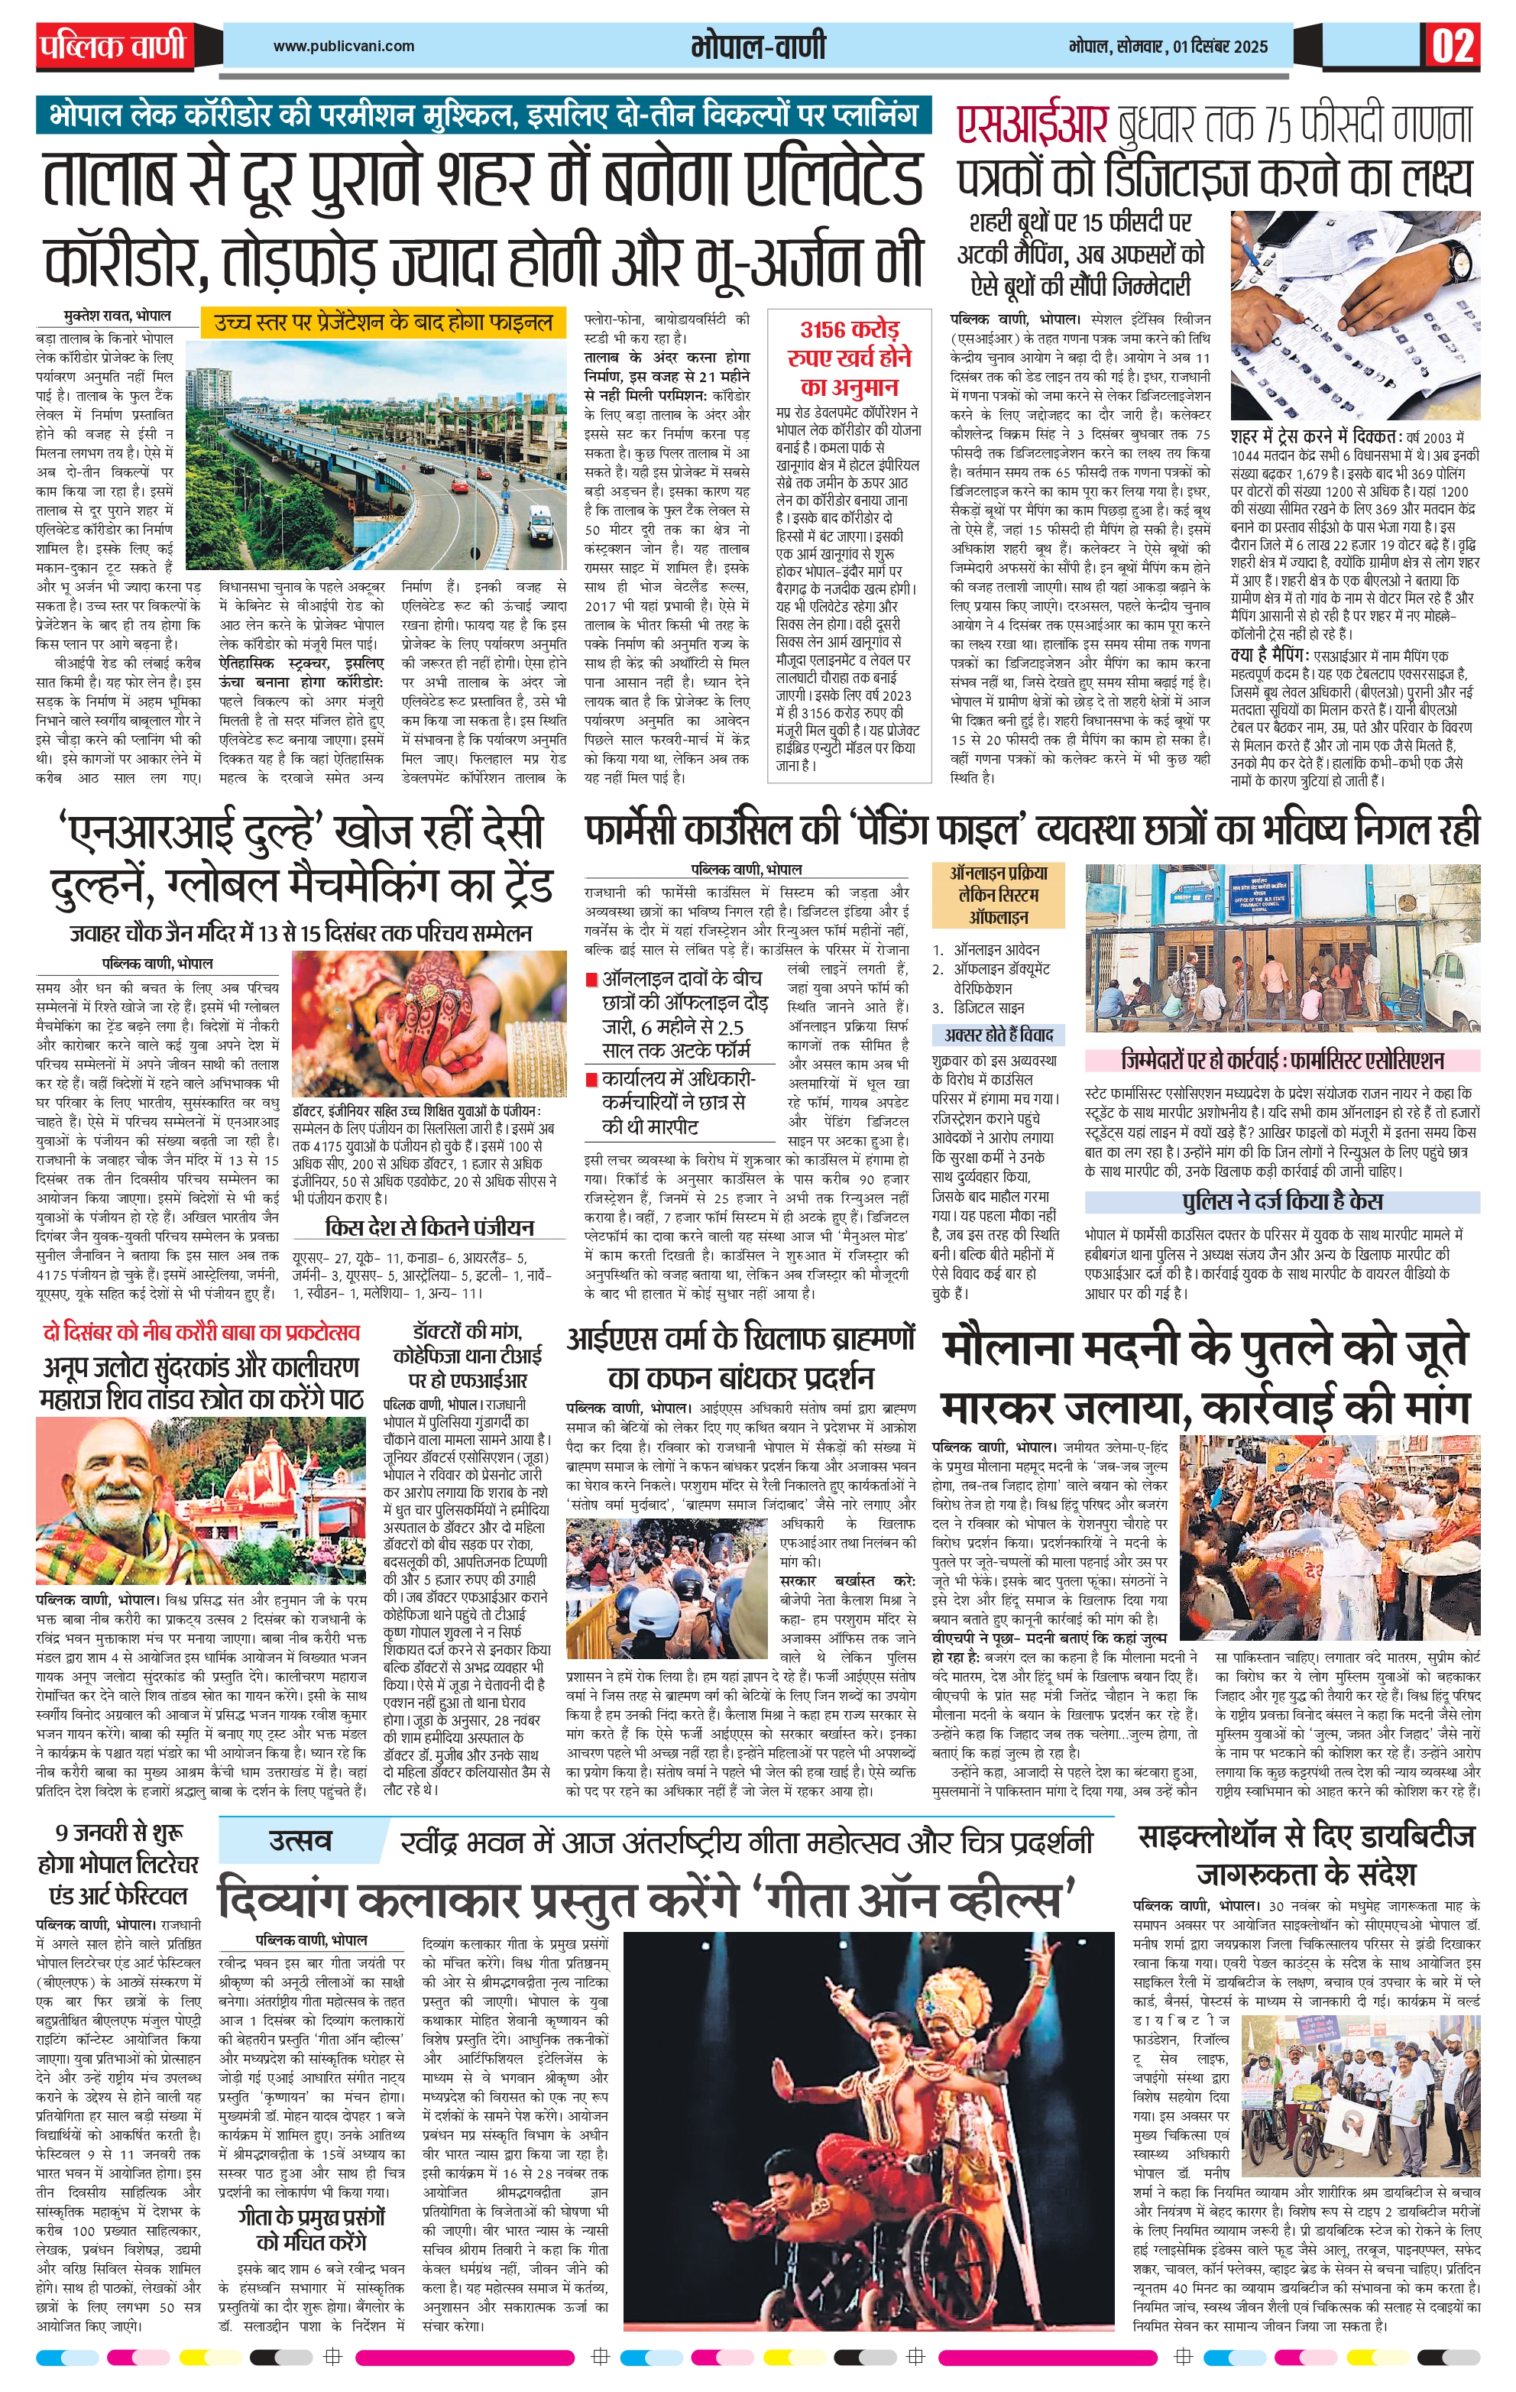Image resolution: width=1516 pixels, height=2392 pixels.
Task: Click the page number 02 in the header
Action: coord(1453,47)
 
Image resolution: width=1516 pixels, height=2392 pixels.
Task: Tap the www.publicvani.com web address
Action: coord(344,46)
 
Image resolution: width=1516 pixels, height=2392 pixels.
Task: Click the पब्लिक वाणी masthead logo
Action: coord(113,46)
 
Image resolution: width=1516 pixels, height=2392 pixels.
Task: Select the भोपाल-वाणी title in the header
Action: coord(758,47)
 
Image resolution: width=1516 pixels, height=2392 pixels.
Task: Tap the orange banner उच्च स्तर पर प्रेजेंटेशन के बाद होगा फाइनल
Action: coord(383,322)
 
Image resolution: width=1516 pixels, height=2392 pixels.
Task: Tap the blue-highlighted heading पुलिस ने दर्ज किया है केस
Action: coord(1281,1201)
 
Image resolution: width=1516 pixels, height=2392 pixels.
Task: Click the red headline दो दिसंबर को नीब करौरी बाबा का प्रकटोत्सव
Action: coord(201,1332)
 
